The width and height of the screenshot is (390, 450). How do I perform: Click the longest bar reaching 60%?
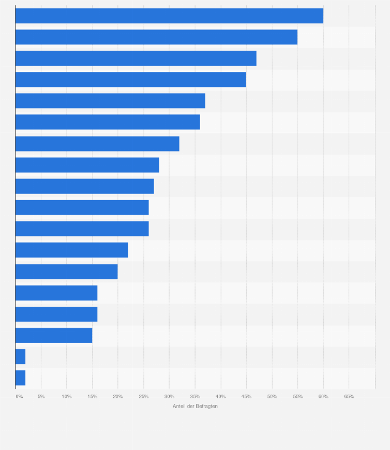tap(169, 16)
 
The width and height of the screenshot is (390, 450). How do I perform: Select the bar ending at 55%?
tap(156, 37)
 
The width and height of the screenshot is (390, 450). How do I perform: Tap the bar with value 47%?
tap(136, 58)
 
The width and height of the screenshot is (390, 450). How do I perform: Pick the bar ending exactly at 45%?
tap(130, 80)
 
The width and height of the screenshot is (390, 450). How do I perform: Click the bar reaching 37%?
tap(110, 101)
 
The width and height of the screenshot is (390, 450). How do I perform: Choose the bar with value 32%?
tap(97, 144)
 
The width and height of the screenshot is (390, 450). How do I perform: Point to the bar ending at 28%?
tap(87, 165)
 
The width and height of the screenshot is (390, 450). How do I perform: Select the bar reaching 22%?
tap(71, 250)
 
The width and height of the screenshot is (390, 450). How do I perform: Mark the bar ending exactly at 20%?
tap(66, 272)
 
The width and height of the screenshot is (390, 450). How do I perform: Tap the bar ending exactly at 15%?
tap(54, 335)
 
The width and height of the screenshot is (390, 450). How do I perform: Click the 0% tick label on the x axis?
tap(19, 397)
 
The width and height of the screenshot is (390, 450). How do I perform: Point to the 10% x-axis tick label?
tap(67, 397)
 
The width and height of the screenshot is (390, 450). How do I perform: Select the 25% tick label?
tap(144, 397)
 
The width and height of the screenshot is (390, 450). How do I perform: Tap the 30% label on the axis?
tap(169, 397)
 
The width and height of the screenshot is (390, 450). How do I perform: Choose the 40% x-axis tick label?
tap(221, 397)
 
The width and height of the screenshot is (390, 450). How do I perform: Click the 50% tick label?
tap(272, 397)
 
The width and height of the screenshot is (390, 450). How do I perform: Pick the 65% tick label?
tap(349, 397)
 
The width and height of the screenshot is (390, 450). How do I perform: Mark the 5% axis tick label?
tap(41, 397)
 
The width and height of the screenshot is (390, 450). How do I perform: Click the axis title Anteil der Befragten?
tap(195, 407)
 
